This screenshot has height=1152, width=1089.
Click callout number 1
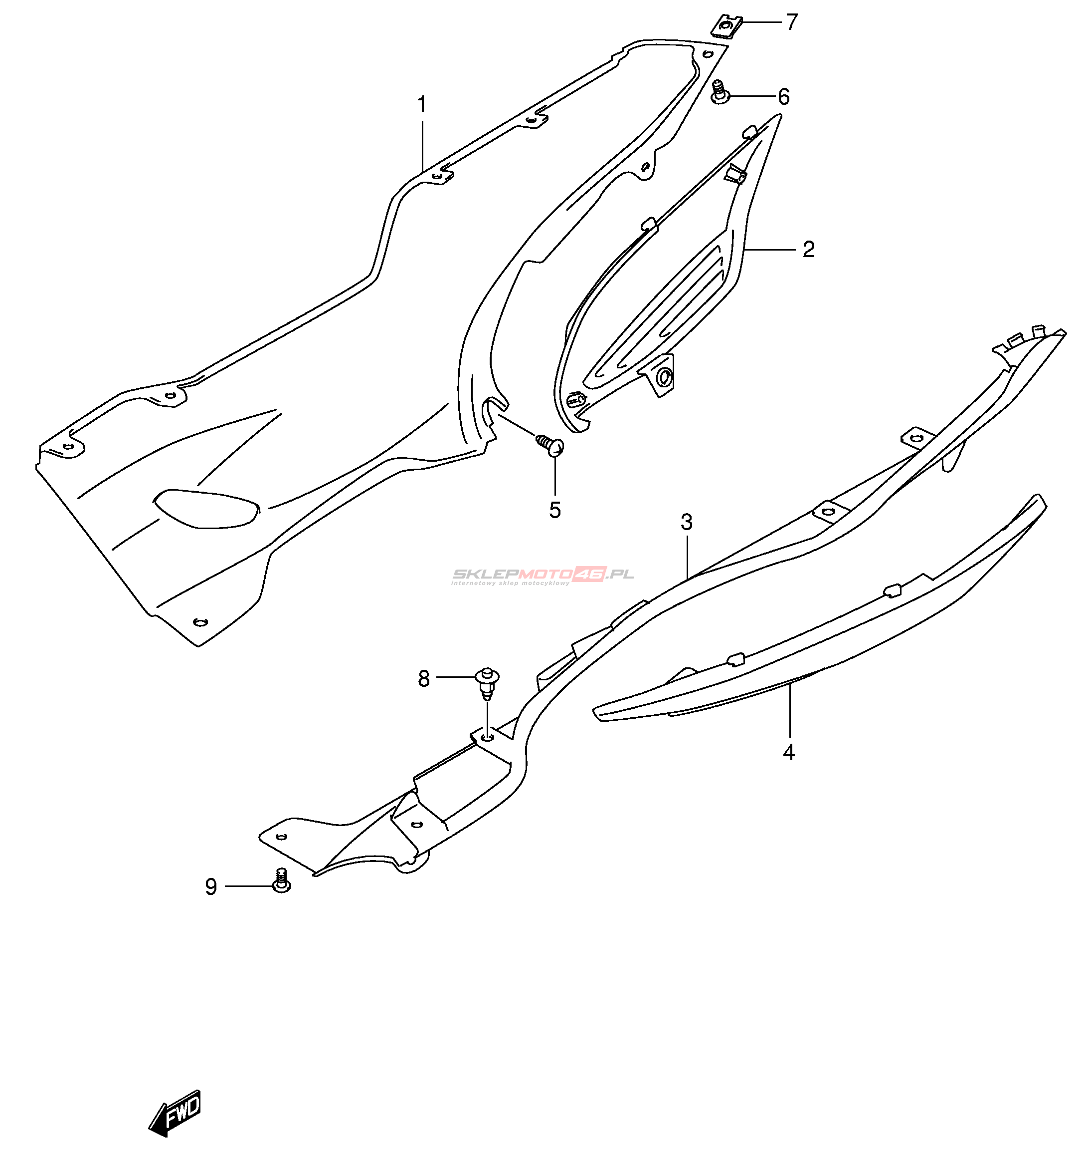pyautogui.click(x=422, y=105)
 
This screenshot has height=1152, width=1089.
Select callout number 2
pyautogui.click(x=809, y=250)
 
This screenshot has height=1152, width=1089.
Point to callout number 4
pyautogui.click(x=788, y=753)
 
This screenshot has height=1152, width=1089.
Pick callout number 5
pyautogui.click(x=555, y=511)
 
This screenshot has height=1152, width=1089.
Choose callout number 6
pyautogui.click(x=784, y=97)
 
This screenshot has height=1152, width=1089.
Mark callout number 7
pyautogui.click(x=792, y=22)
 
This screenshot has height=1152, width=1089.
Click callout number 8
pyautogui.click(x=424, y=678)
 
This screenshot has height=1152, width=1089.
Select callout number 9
pyautogui.click(x=211, y=887)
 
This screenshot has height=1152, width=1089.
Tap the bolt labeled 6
pyautogui.click(x=719, y=92)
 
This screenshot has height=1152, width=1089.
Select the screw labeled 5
pyautogui.click(x=549, y=445)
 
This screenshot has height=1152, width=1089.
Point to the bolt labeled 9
pyautogui.click(x=282, y=881)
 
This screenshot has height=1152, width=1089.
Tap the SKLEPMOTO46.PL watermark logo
pyautogui.click(x=543, y=576)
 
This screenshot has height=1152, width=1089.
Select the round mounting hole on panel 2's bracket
pyautogui.click(x=664, y=378)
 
